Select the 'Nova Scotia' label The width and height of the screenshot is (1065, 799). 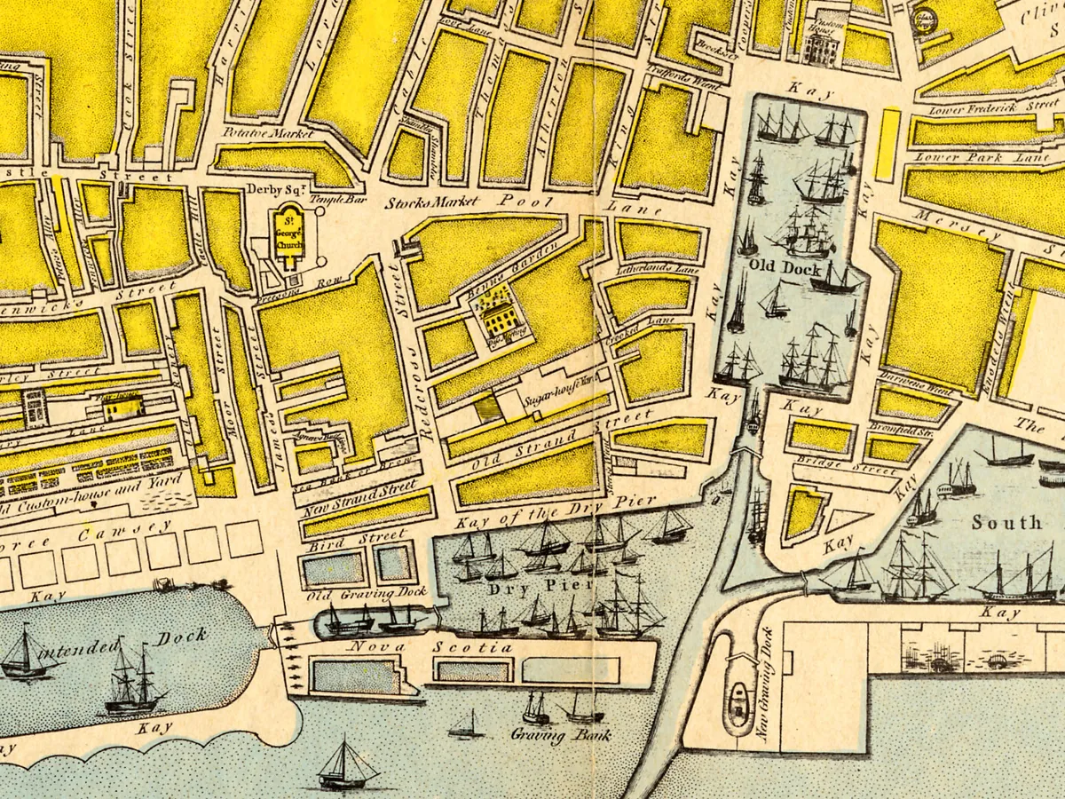[x=432, y=647]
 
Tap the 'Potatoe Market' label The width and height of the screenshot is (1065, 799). [x=268, y=133]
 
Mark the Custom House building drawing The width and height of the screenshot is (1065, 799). [x=819, y=44]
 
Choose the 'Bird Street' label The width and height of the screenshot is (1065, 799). [x=355, y=538]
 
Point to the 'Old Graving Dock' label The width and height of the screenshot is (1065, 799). [x=367, y=592]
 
